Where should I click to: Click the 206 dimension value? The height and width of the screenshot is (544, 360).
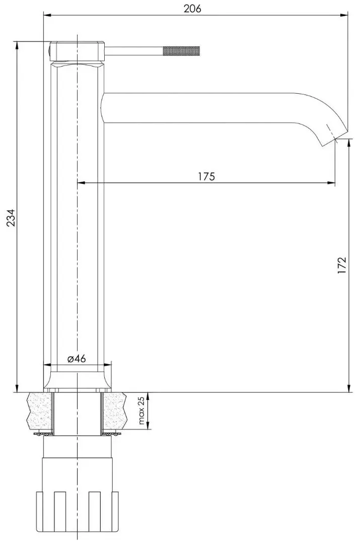click(x=192, y=9)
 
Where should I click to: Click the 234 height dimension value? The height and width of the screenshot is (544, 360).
click(x=12, y=218)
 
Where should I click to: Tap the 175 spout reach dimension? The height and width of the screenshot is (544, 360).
click(x=207, y=176)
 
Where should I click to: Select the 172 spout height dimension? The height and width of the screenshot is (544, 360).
click(x=342, y=266)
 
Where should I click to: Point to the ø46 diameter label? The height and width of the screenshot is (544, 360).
click(x=77, y=359)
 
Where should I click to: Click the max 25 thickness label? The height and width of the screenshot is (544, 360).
click(x=141, y=411)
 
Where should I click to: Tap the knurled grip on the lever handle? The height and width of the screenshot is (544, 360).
click(x=182, y=50)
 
